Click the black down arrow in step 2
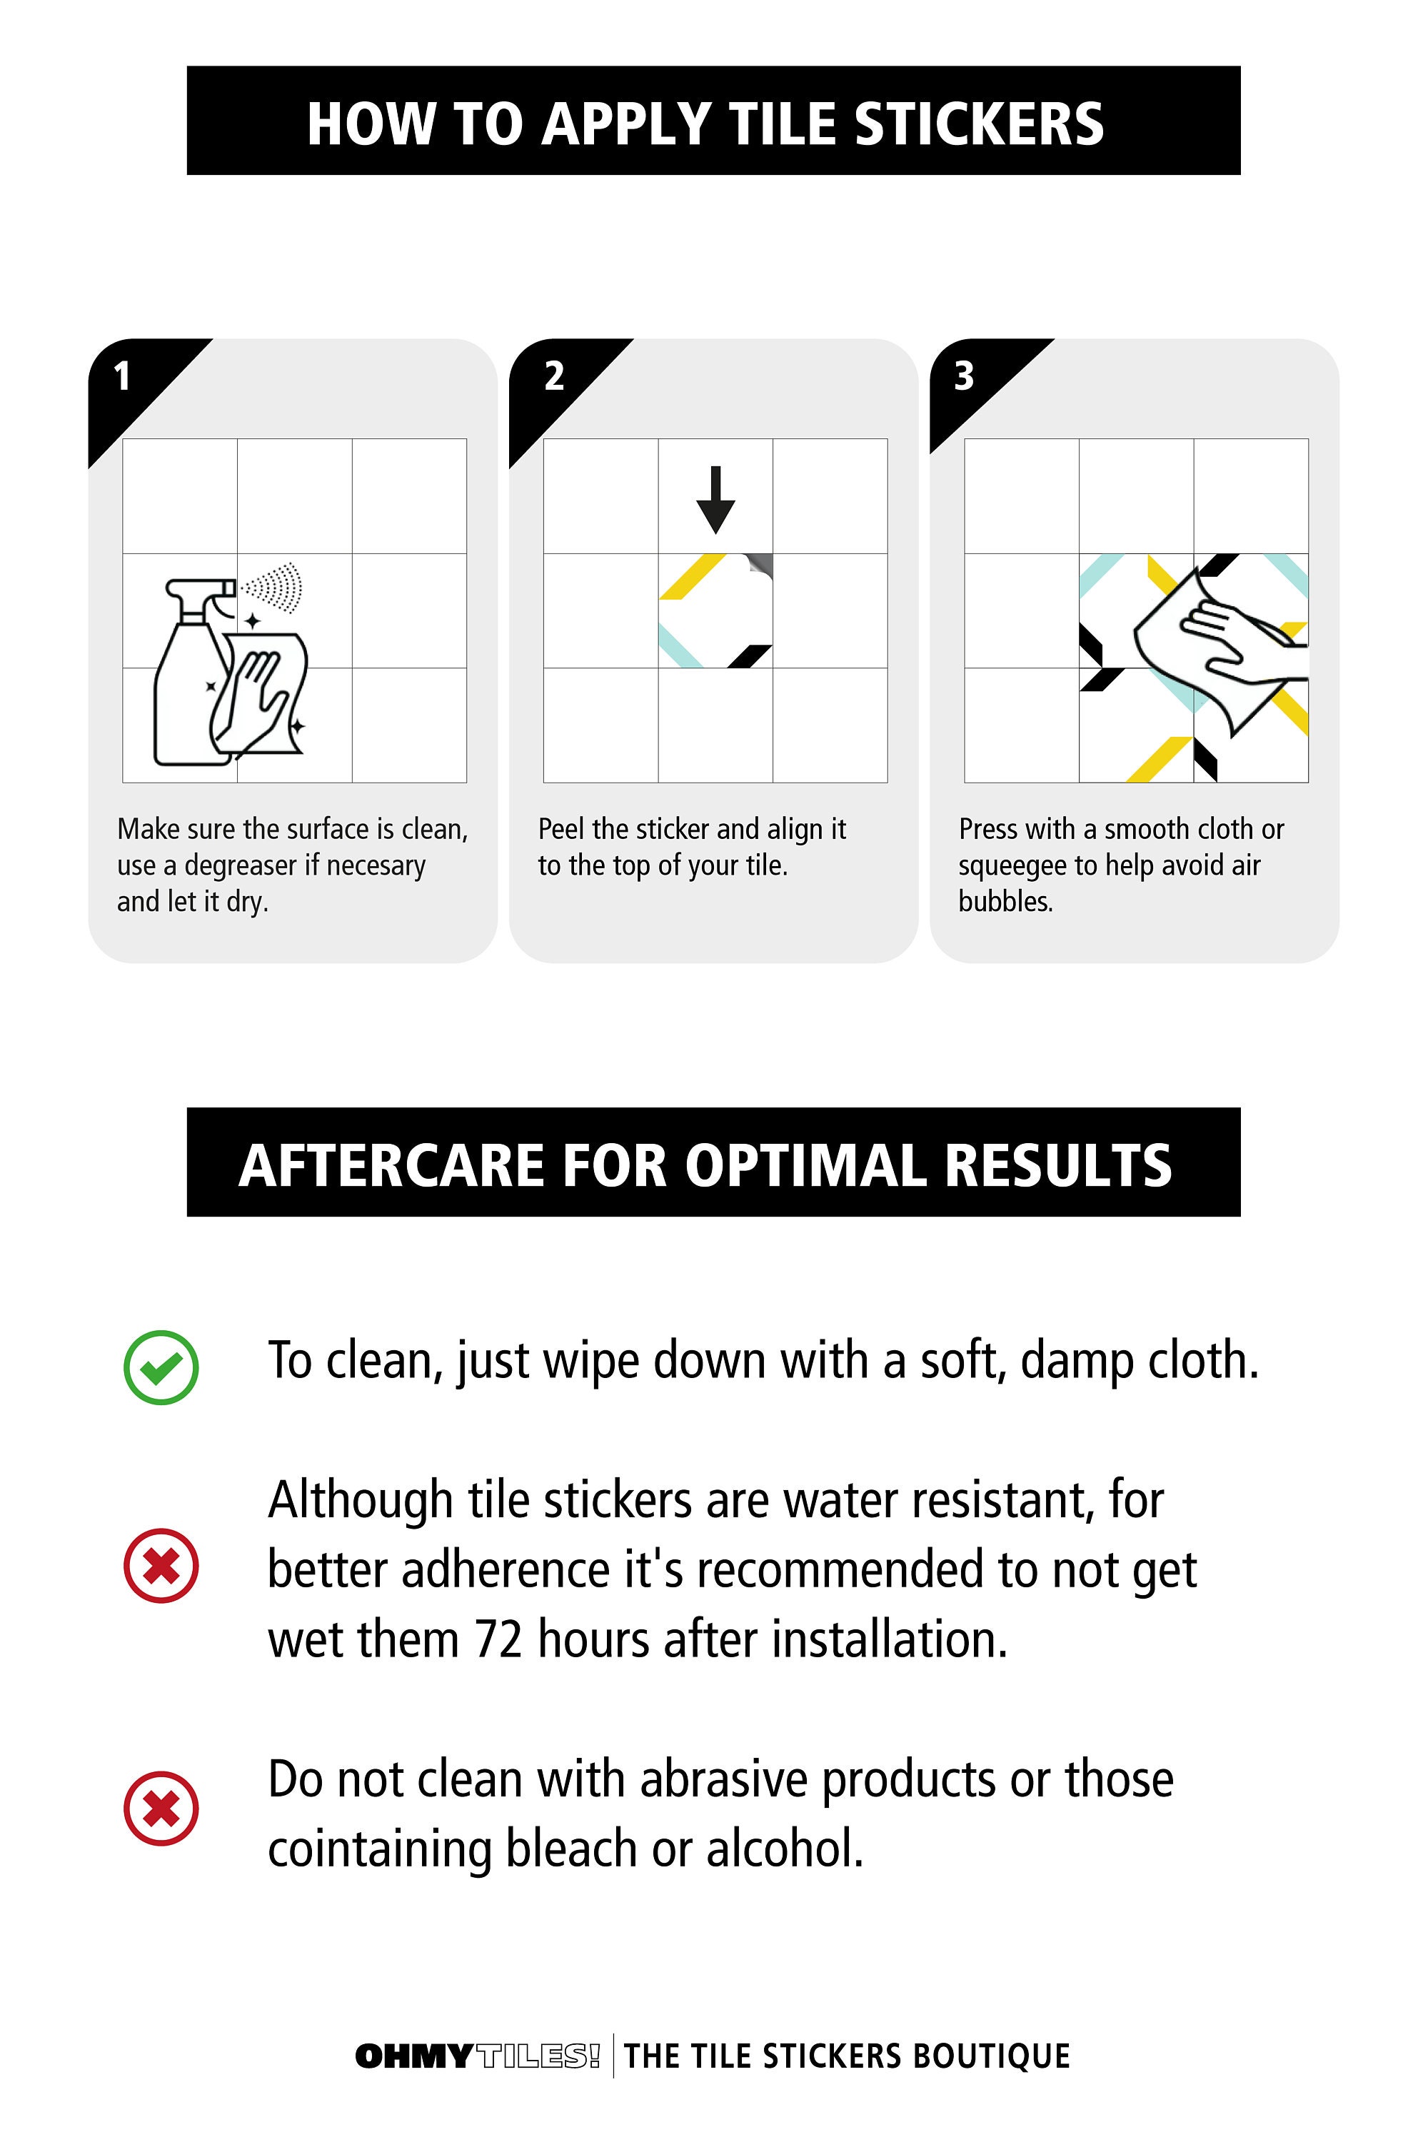(x=716, y=499)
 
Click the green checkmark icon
(x=161, y=1367)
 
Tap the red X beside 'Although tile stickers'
(x=161, y=1566)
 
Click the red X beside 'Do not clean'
(x=161, y=1808)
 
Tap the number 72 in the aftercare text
(x=498, y=1640)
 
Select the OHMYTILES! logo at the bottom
(x=477, y=2056)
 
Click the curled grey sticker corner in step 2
(x=758, y=565)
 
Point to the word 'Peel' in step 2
(x=562, y=830)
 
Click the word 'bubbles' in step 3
(x=1005, y=902)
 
